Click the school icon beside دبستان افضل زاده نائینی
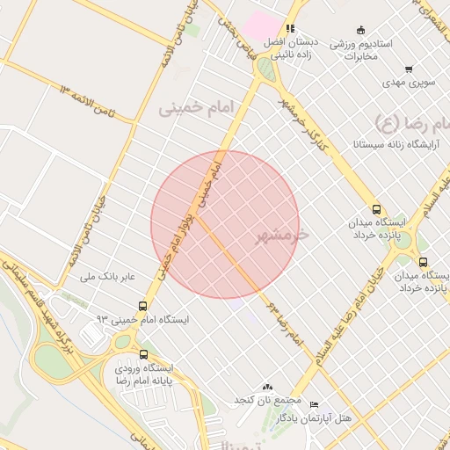289,28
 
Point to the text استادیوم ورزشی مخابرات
360,49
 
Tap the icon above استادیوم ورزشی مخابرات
360,30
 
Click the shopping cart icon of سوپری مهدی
409,69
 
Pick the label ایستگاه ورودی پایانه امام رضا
144,374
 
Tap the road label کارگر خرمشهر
302,123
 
